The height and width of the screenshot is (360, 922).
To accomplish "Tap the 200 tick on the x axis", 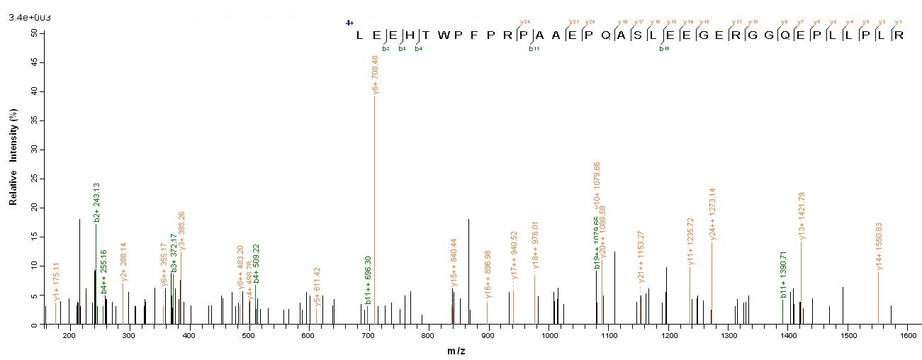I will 69,336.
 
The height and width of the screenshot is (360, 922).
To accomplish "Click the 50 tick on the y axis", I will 34,33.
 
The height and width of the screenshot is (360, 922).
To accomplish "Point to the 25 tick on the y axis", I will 34,179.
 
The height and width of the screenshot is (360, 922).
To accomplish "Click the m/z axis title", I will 456,351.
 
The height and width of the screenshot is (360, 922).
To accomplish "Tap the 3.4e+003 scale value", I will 23,16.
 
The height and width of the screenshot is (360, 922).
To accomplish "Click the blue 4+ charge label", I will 349,23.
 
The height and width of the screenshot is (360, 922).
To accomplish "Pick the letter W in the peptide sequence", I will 442,35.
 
